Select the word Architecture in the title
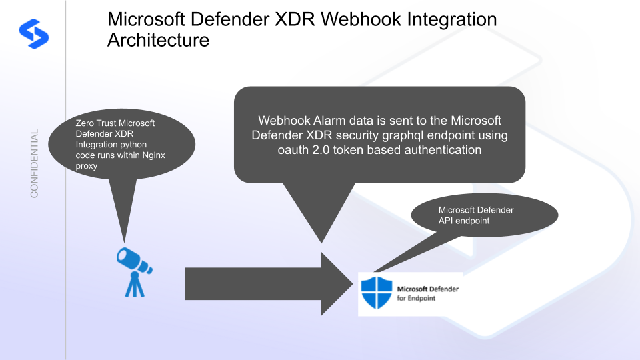(158, 40)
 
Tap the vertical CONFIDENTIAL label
(34, 163)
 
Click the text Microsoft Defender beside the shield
(427, 289)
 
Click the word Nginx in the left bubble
(158, 155)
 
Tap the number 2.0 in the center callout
(324, 150)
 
